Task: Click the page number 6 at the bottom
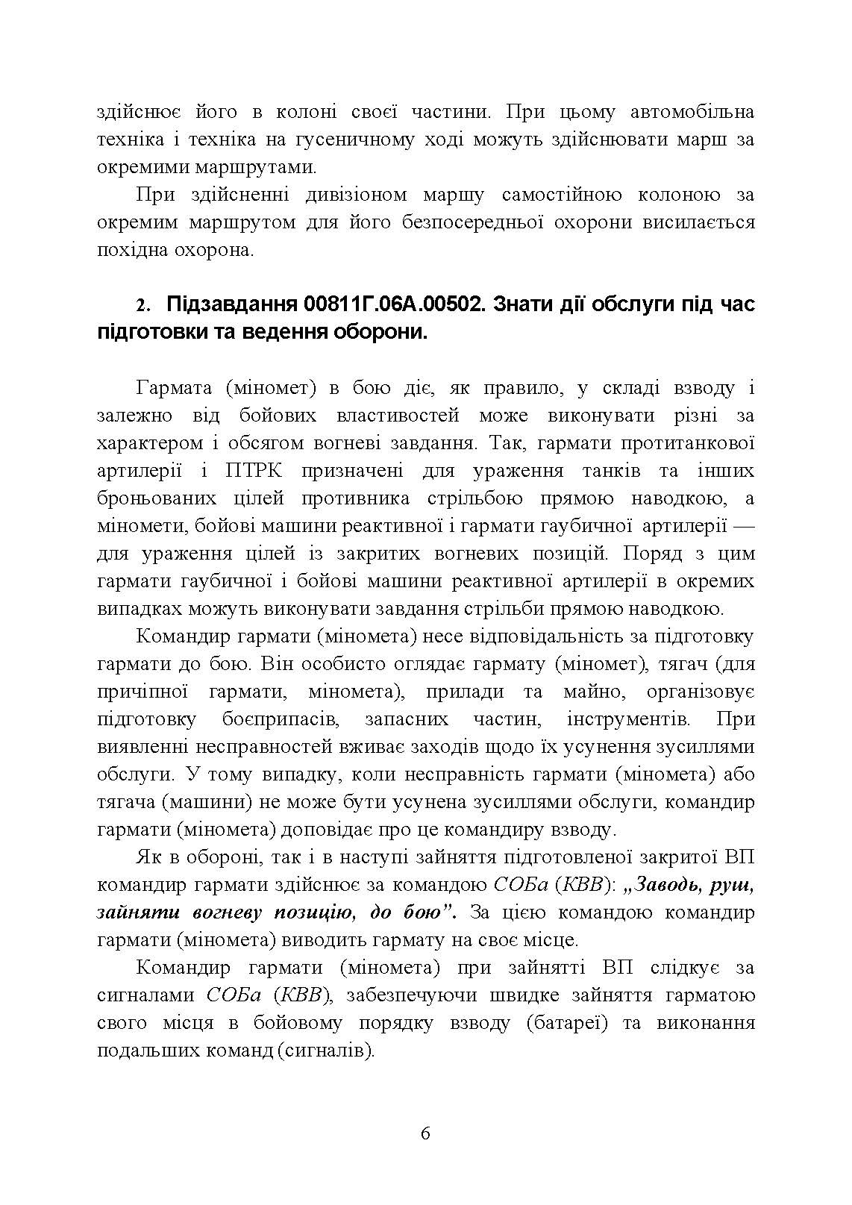click(425, 1133)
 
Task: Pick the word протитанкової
click(686, 444)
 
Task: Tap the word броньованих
click(157, 498)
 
